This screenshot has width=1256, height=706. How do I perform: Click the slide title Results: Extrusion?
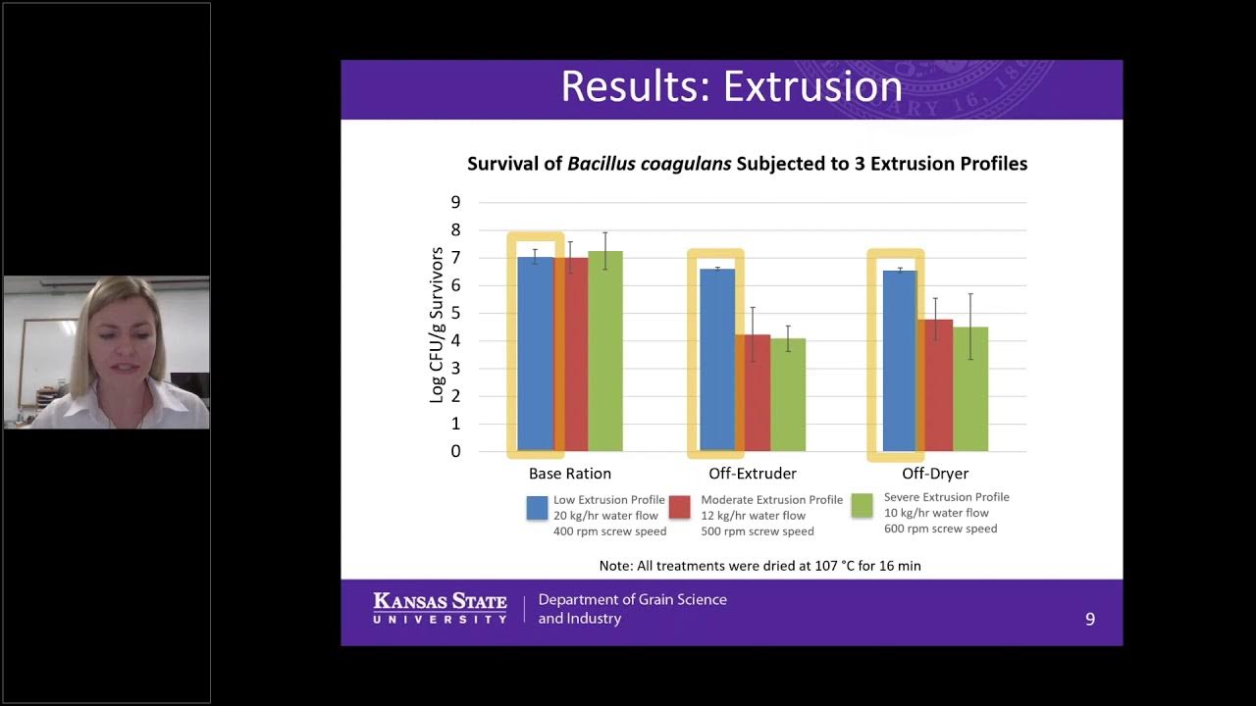point(731,86)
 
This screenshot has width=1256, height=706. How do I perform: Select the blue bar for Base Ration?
point(535,353)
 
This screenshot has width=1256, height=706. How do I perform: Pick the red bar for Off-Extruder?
point(753,392)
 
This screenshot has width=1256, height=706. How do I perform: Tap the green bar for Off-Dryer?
point(970,388)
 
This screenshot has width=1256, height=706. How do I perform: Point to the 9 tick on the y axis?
point(455,202)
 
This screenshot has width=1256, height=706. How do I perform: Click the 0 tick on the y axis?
point(455,451)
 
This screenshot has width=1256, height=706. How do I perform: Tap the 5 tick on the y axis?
point(455,313)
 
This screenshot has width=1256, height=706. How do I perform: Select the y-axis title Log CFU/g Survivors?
point(437,326)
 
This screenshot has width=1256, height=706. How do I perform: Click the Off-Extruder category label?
point(753,474)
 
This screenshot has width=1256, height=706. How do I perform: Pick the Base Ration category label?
point(569,474)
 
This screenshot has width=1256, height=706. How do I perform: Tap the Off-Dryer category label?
point(935,474)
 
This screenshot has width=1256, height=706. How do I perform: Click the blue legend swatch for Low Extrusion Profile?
point(537,507)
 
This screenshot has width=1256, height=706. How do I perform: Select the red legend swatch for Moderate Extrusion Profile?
point(680,507)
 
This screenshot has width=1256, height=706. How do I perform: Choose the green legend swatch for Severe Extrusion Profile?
point(863,505)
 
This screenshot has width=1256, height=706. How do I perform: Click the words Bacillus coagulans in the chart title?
point(649,164)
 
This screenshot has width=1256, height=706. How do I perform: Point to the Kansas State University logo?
point(440,608)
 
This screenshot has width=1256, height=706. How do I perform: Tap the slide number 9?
point(1089,619)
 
